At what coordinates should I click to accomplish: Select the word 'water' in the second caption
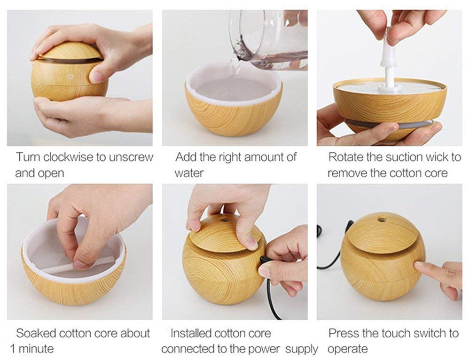[189, 172]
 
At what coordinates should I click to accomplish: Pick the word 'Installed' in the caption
[191, 334]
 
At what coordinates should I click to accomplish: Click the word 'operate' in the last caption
[348, 349]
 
